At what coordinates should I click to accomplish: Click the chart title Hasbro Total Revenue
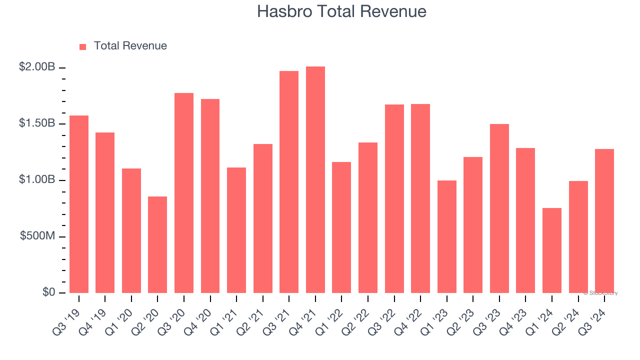pyautogui.click(x=341, y=11)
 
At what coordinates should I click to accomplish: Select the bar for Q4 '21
pyautogui.click(x=315, y=179)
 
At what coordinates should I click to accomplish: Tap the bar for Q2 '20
pyautogui.click(x=157, y=244)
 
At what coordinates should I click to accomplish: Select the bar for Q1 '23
pyautogui.click(x=447, y=236)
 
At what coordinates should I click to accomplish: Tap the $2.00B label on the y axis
pyautogui.click(x=37, y=67)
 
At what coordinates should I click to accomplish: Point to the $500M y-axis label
pyautogui.click(x=37, y=236)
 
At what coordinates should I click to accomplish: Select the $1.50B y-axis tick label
pyautogui.click(x=37, y=123)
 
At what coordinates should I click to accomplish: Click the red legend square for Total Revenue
pyautogui.click(x=83, y=47)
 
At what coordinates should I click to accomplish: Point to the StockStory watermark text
pyautogui.click(x=600, y=293)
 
